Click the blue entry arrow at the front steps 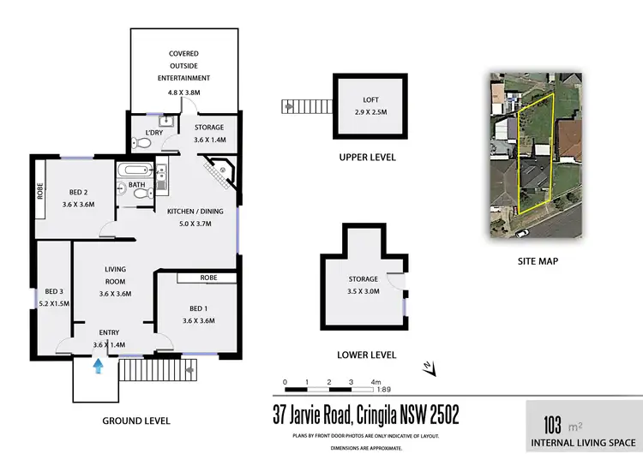[x=99, y=366]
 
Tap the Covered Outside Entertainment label [x=184, y=66]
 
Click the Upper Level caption [x=367, y=158]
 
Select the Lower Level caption [x=364, y=354]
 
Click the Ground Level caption [x=136, y=421]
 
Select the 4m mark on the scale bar [x=375, y=382]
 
